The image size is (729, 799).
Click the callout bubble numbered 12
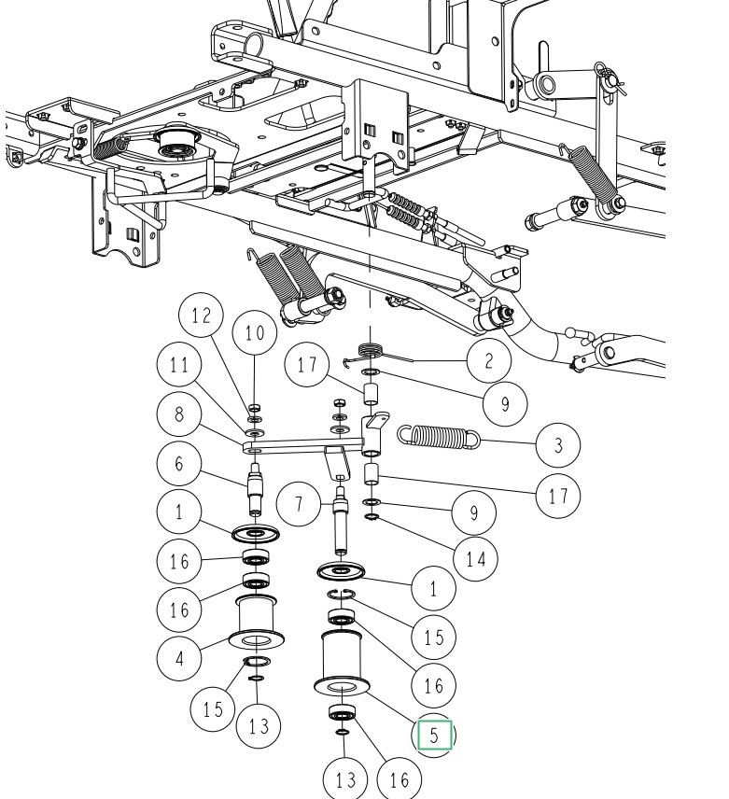pyautogui.click(x=202, y=315)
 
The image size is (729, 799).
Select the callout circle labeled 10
pyautogui.click(x=254, y=332)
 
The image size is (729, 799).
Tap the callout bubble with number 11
pyautogui.click(x=179, y=364)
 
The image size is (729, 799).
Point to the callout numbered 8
pyautogui.click(x=179, y=414)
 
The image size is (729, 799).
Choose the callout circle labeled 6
pyautogui.click(x=179, y=463)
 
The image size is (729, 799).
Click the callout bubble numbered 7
pyautogui.click(x=299, y=504)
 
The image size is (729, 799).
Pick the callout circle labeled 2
pyautogui.click(x=488, y=360)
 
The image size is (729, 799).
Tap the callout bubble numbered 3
pyautogui.click(x=558, y=445)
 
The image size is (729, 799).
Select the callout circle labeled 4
pyautogui.click(x=179, y=658)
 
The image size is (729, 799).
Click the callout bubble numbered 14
pyautogui.click(x=475, y=559)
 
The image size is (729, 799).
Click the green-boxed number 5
pyautogui.click(x=435, y=736)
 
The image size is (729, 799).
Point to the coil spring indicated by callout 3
pyautogui.click(x=439, y=437)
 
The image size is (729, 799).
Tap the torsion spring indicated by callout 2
pyautogui.click(x=377, y=353)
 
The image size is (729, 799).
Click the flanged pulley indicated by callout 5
pyautogui.click(x=342, y=663)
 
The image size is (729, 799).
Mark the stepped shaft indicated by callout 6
pyautogui.click(x=255, y=490)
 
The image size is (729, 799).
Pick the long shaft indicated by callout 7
pyautogui.click(x=341, y=521)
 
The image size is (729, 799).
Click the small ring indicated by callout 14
pyautogui.click(x=372, y=517)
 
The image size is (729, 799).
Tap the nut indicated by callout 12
pyautogui.click(x=255, y=408)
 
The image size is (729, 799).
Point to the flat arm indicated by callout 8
pyautogui.click(x=304, y=446)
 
